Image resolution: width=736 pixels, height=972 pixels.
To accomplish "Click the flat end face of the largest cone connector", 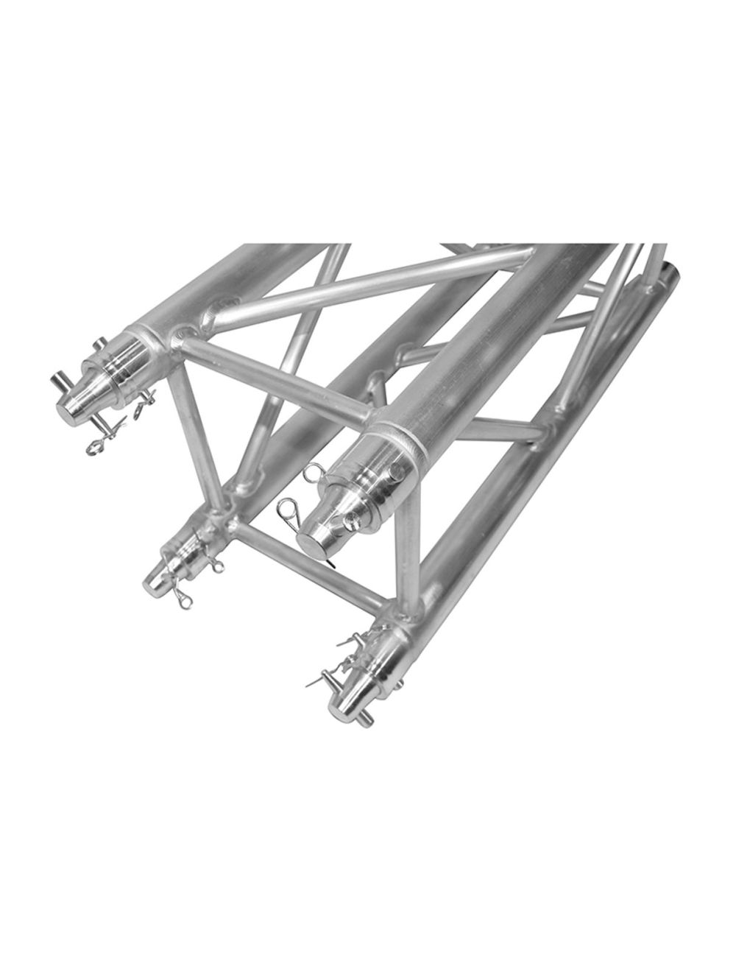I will click(x=313, y=535).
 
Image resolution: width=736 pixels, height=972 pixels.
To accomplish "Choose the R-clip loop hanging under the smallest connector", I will click(x=184, y=600).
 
